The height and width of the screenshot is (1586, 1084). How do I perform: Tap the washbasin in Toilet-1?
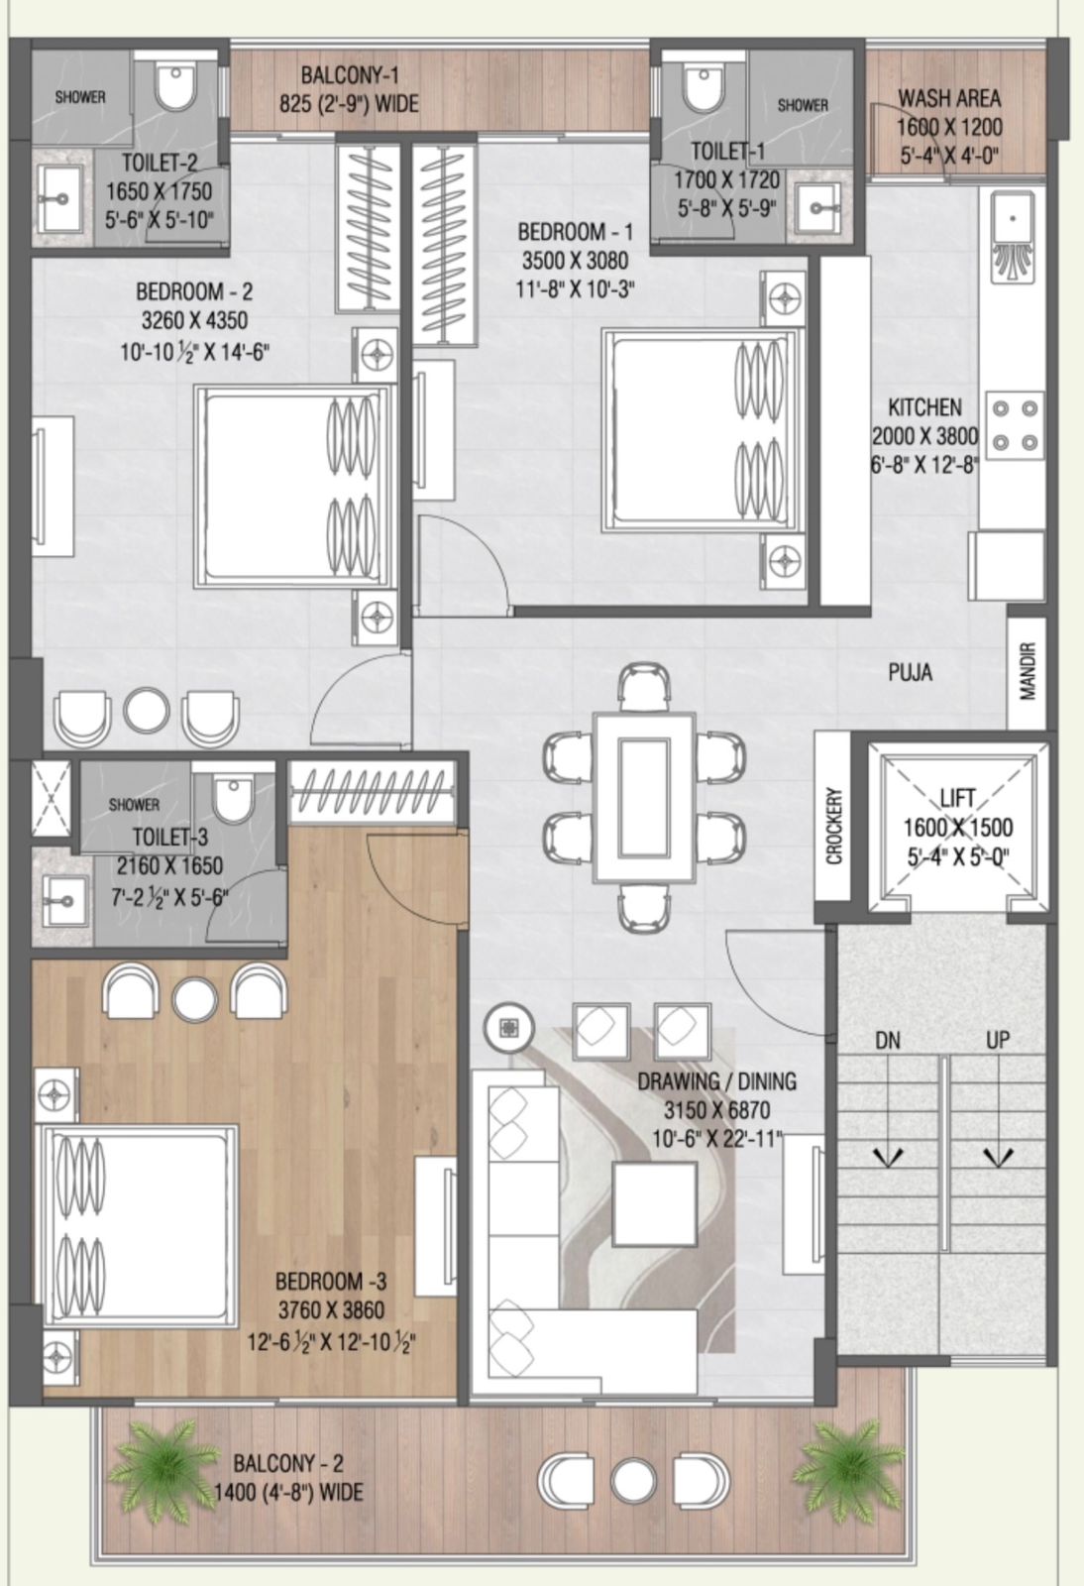click(x=818, y=208)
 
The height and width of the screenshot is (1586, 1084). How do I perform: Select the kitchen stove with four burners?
click(x=1014, y=425)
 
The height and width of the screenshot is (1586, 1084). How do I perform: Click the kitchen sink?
click(x=1014, y=236)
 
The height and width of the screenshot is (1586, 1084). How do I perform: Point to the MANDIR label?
click(x=1028, y=671)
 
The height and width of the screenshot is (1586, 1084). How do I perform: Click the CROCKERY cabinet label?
click(x=833, y=826)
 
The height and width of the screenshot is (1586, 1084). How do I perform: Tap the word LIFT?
click(x=957, y=799)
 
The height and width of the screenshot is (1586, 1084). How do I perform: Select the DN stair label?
click(x=887, y=1040)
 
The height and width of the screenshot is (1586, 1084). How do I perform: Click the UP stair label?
click(x=998, y=1040)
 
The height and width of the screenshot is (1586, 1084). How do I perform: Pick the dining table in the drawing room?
click(x=644, y=797)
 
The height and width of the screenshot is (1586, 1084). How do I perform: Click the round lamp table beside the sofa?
click(x=508, y=1027)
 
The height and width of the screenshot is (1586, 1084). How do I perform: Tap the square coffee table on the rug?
click(x=655, y=1203)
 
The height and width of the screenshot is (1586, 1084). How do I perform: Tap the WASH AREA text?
click(x=949, y=98)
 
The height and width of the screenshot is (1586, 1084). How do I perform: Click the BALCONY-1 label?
click(x=350, y=75)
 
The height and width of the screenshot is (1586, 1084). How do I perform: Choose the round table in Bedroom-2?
click(x=147, y=709)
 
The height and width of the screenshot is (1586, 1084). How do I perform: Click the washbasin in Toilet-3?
click(x=65, y=901)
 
